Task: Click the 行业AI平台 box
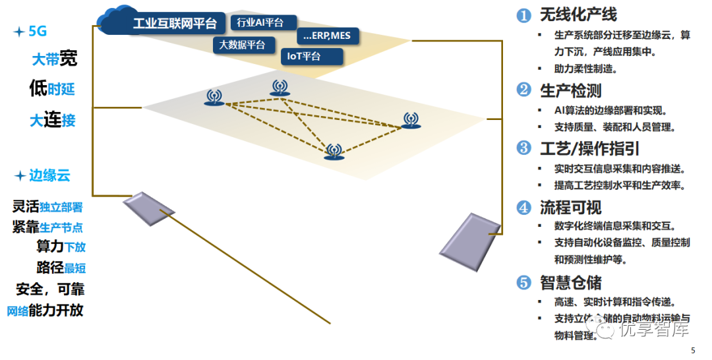263,23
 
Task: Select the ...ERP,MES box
327,36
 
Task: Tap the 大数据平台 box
242,45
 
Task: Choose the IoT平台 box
312,56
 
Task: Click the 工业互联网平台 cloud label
174,24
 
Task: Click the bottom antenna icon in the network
334,152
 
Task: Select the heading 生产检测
570,90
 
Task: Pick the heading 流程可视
570,208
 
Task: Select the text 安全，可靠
50,289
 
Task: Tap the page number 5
692,350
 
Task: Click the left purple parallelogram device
149,209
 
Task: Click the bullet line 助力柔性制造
586,69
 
